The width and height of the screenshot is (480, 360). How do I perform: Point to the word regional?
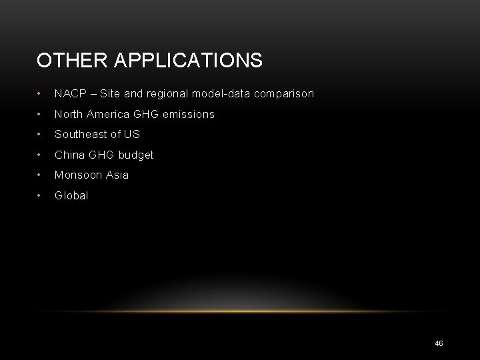point(169,94)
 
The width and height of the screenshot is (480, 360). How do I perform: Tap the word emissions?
point(189,115)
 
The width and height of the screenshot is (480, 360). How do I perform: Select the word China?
point(70,155)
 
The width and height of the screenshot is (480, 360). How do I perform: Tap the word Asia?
point(117,175)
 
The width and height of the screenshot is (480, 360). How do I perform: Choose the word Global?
point(71,196)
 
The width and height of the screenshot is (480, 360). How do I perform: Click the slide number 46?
point(439,343)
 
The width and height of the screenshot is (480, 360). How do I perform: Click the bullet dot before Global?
point(41,196)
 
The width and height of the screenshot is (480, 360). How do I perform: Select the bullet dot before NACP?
point(41,94)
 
